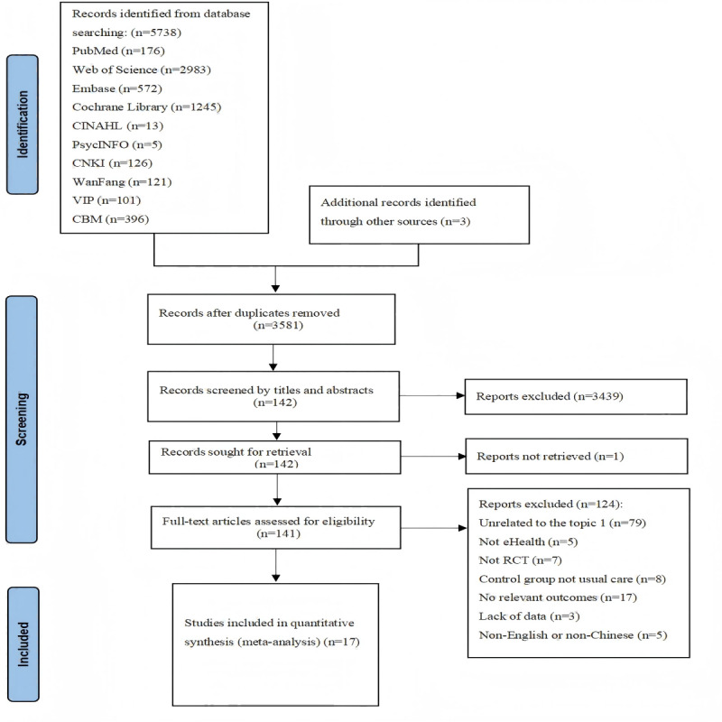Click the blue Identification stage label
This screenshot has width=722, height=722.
point(23,125)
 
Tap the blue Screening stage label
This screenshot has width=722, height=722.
point(22,419)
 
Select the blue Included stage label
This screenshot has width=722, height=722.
point(23,644)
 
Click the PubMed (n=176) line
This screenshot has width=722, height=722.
point(118,51)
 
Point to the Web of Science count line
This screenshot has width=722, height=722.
point(142,69)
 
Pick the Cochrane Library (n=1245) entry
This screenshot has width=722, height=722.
point(146,106)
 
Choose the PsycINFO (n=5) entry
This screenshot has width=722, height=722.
point(117,144)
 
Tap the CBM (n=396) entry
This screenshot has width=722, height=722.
point(110,218)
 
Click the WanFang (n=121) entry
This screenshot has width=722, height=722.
point(122,182)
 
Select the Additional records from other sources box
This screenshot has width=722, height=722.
point(419,215)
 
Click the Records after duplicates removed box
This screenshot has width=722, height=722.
point(272,319)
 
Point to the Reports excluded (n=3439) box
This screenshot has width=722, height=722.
point(576,396)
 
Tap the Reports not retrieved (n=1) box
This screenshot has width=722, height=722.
point(577,457)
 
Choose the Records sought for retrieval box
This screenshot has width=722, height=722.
point(275,458)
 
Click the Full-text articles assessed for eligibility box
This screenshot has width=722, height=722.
point(276,528)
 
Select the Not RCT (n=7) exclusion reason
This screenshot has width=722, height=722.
point(521,560)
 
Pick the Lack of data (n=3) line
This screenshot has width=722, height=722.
point(529,616)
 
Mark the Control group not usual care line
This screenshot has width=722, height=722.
point(572,579)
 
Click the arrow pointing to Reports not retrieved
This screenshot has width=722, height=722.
point(433,457)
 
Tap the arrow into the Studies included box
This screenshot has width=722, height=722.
point(276,566)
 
